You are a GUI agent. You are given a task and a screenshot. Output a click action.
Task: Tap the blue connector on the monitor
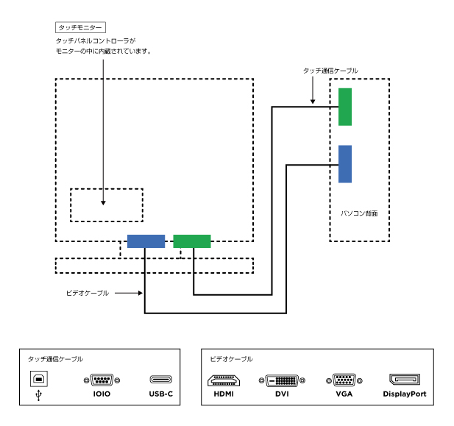pyautogui.click(x=146, y=241)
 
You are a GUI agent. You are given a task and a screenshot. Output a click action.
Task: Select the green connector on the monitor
pyautogui.click(x=192, y=241)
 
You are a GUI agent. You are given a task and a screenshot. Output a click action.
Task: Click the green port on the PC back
pyautogui.click(x=345, y=107)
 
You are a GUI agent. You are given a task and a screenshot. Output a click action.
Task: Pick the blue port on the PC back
pyautogui.click(x=345, y=163)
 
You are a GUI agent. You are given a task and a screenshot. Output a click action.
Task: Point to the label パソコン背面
pyautogui.click(x=360, y=213)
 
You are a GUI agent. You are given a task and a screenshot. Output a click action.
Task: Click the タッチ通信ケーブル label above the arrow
pyautogui.click(x=330, y=71)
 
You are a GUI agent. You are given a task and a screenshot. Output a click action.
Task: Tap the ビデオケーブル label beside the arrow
pyautogui.click(x=88, y=293)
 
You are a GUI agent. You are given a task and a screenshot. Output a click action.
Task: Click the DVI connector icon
pyautogui.click(x=281, y=380)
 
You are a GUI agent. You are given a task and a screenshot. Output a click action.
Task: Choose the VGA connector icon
pyautogui.click(x=343, y=380)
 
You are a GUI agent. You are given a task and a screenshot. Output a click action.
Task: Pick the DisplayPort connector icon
pyautogui.click(x=404, y=380)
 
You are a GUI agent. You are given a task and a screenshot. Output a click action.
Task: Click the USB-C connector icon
pyautogui.click(x=160, y=380)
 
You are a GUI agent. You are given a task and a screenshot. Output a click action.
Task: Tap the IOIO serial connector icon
pyautogui.click(x=102, y=380)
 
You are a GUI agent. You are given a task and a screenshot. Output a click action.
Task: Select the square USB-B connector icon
pyautogui.click(x=39, y=379)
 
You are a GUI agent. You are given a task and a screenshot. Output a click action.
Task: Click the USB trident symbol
pyautogui.click(x=39, y=394)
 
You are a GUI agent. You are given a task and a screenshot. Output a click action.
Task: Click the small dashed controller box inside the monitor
pyautogui.click(x=107, y=205)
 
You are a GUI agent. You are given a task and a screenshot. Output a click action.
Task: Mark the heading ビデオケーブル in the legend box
pyautogui.click(x=231, y=359)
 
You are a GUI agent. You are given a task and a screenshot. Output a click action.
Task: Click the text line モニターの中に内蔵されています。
pyautogui.click(x=104, y=52)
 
